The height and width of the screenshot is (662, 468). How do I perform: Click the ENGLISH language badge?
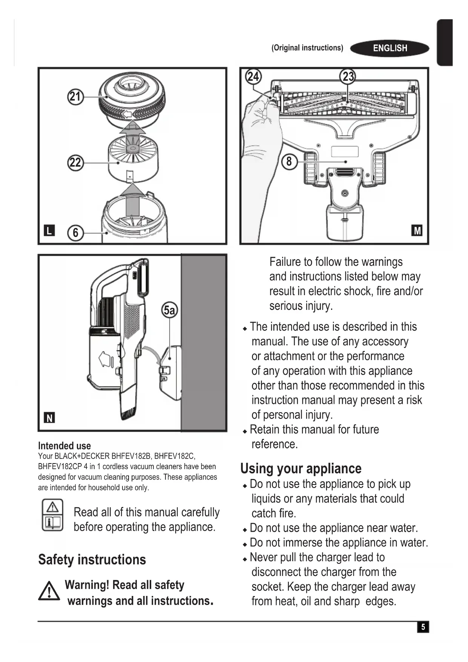tap(390, 48)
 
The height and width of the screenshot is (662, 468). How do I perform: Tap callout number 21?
tap(75, 97)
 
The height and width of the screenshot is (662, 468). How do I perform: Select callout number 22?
tap(75, 163)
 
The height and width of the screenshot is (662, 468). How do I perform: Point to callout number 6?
tap(75, 232)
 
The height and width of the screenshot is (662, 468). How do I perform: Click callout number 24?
tap(253, 77)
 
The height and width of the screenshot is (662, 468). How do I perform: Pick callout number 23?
tap(348, 77)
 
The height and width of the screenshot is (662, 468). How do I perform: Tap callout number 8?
tap(289, 162)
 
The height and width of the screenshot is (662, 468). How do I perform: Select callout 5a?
tap(170, 310)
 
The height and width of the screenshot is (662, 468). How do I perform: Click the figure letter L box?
tap(49, 231)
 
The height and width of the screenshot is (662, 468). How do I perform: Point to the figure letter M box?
tap(417, 231)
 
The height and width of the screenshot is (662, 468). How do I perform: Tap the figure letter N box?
tap(49, 418)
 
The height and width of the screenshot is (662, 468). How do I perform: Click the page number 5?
tap(423, 627)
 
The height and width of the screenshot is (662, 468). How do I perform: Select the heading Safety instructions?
tap(92, 559)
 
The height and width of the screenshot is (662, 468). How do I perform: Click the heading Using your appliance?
tap(301, 468)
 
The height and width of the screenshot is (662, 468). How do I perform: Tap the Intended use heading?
tap(64, 445)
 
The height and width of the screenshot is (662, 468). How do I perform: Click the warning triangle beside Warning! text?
tap(49, 591)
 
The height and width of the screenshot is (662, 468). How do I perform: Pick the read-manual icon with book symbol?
tap(52, 515)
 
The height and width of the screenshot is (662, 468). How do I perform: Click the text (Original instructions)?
tap(307, 48)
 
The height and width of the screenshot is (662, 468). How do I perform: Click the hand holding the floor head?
tap(260, 136)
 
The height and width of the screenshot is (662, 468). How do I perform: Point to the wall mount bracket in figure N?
tap(170, 374)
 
